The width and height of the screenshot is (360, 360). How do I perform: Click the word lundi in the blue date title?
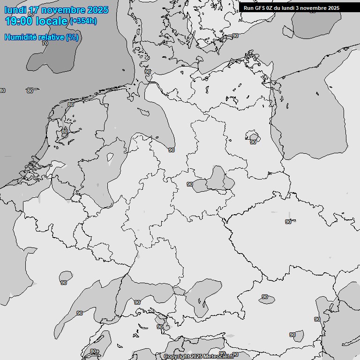pyautogui.click(x=15, y=10)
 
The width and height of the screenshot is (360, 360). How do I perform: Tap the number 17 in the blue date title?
pyautogui.click(x=34, y=10)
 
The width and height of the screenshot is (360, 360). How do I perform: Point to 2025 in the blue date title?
pyautogui.click(x=97, y=10)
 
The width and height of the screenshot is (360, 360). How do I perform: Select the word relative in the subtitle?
pyautogui.click(x=51, y=37)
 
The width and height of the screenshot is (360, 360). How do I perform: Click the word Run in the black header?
pyautogui.click(x=248, y=8)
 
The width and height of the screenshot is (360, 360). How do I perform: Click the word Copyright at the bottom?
pyautogui.click(x=176, y=357)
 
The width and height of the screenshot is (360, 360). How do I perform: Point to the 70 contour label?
pyautogui.click(x=45, y=43)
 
